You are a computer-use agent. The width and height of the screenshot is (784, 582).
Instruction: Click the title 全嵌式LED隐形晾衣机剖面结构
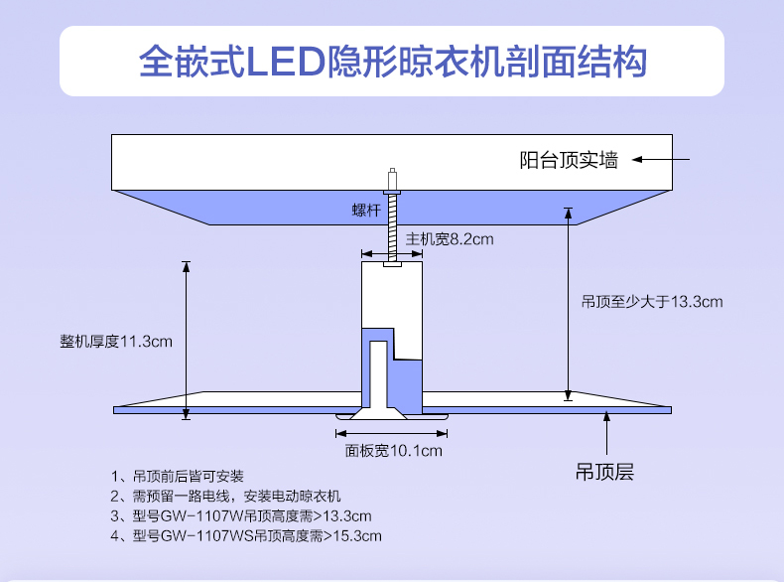coord(393,62)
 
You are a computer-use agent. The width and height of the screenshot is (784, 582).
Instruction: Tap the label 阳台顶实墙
coord(569,159)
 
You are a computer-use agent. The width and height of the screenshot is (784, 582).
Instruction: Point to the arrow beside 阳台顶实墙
coord(660,159)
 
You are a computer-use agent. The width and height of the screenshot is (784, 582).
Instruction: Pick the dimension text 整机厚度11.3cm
coord(116,342)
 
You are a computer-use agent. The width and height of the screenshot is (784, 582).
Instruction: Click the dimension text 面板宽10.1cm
coord(393,451)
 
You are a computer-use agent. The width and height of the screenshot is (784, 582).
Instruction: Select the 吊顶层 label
coord(604,472)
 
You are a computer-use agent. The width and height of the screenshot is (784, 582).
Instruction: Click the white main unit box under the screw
coord(392,293)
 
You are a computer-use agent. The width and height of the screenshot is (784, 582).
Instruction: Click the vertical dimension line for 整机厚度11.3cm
coord(185,340)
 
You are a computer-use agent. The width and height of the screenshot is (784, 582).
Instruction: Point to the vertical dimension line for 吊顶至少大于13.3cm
coord(569,303)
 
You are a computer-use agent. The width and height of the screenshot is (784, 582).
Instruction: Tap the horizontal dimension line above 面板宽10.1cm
coord(393,433)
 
